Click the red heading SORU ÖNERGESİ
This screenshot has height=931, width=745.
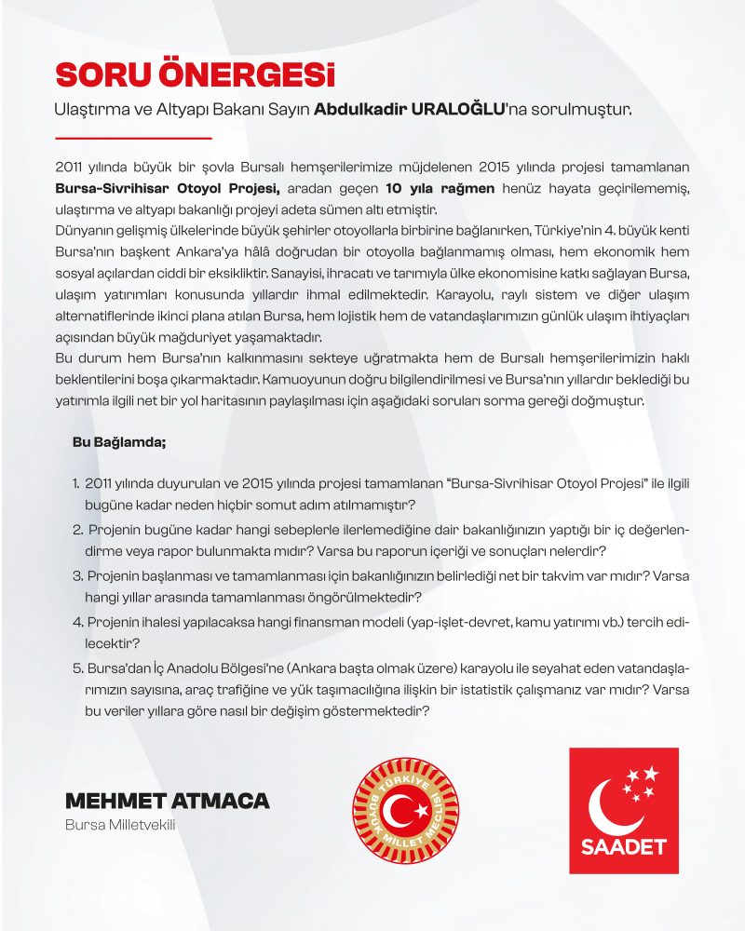(x=195, y=74)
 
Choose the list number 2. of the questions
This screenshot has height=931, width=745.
(x=76, y=530)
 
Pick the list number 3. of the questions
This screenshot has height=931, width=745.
(x=76, y=575)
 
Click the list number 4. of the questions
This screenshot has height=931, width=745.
(x=76, y=621)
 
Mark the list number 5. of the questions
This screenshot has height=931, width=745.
(x=76, y=667)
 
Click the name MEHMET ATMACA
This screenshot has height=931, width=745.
(x=168, y=801)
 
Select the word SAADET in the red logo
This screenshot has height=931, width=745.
(x=623, y=848)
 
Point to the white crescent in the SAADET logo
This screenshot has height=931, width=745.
(x=610, y=803)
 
